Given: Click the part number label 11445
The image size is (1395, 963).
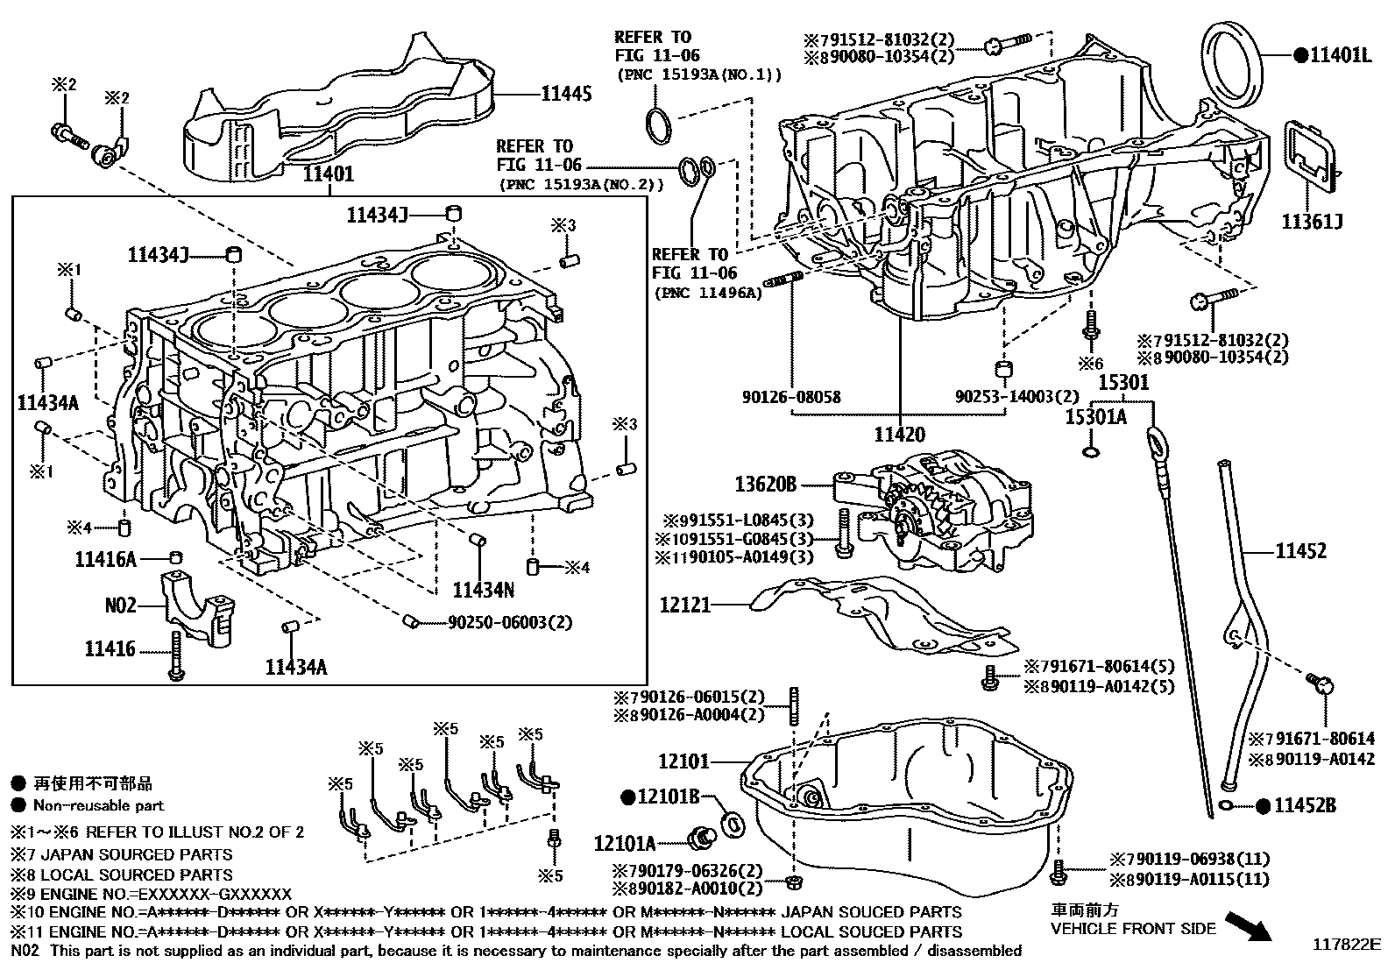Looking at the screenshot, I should point(566,94).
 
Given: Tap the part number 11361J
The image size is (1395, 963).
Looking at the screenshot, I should point(1312,222).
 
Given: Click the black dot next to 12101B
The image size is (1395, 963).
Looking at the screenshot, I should point(627,797).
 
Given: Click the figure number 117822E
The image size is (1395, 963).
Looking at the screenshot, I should point(1345,945).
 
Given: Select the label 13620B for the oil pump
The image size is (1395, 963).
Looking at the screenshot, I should point(765,483).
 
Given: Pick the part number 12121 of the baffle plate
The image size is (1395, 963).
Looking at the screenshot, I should point(685,605).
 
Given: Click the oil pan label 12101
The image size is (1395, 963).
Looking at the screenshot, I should point(684,761).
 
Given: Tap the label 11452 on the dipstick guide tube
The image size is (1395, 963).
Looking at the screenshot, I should point(1300,551).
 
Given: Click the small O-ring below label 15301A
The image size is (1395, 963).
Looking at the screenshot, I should point(1090,451).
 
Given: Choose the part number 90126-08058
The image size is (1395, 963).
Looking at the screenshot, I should point(790,397).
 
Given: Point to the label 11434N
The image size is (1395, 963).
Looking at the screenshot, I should point(484,590).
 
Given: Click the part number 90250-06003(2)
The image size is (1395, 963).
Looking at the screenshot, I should point(509,622).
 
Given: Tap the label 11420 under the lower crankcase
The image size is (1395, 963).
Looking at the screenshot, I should point(899,434).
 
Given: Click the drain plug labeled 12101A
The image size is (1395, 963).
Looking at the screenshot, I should point(700,836).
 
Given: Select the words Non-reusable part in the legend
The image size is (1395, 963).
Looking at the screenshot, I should point(98,805).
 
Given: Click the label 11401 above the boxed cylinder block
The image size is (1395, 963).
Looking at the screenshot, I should point(329,174).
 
